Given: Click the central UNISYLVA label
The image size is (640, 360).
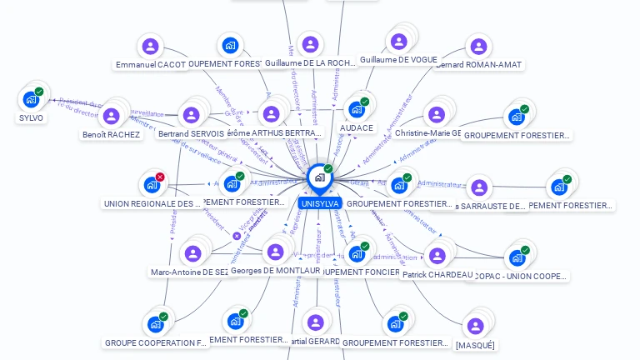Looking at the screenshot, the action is (x=319, y=203).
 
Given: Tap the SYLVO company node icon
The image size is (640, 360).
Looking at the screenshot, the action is (x=31, y=99).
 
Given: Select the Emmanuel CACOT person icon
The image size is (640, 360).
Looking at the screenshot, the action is (x=150, y=46).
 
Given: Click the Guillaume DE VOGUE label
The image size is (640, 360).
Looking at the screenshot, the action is (x=398, y=60).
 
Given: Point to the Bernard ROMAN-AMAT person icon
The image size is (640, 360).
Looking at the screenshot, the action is (x=477, y=46).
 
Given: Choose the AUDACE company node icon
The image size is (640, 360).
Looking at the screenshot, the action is (x=357, y=109).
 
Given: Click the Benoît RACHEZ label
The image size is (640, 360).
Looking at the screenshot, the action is (x=111, y=134).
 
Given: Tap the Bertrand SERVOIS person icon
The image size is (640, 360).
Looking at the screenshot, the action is (x=191, y=115).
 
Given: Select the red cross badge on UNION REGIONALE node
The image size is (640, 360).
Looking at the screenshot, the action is (x=160, y=177).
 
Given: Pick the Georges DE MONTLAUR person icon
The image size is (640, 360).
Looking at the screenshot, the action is (x=275, y=252).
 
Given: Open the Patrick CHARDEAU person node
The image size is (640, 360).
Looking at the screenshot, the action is (x=437, y=255).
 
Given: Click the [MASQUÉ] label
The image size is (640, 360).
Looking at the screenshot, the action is (x=475, y=345).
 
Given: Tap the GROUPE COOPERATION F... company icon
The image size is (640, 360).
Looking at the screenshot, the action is (x=155, y=324).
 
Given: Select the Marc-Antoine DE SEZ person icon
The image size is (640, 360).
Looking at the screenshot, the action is (x=193, y=252).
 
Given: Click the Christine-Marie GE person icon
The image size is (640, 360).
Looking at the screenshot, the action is (x=435, y=115).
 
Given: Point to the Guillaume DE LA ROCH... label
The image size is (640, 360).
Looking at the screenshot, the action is (x=310, y=62).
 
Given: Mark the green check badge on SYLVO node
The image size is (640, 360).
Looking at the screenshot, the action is (x=39, y=92).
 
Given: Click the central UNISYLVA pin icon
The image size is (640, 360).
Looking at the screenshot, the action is (x=319, y=177).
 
